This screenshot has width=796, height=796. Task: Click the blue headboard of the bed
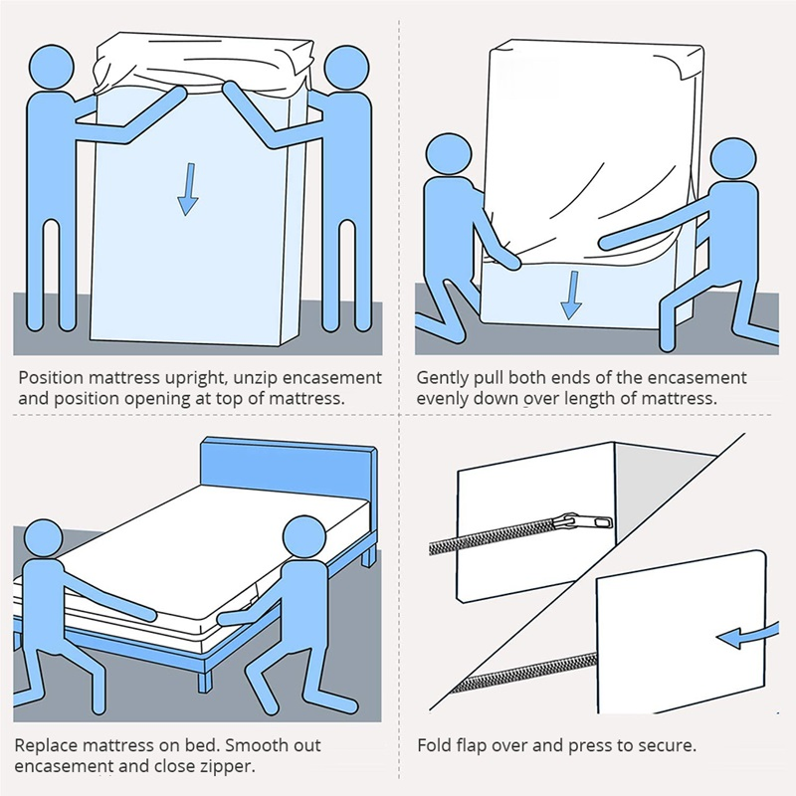click(x=289, y=468)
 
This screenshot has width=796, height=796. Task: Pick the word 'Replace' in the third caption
click(x=49, y=745)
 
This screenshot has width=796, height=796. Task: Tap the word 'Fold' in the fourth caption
click(x=433, y=745)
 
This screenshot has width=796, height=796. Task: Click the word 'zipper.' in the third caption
click(x=227, y=766)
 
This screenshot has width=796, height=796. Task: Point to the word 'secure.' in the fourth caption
click(x=666, y=745)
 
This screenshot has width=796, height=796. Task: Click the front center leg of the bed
click(x=204, y=677)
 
